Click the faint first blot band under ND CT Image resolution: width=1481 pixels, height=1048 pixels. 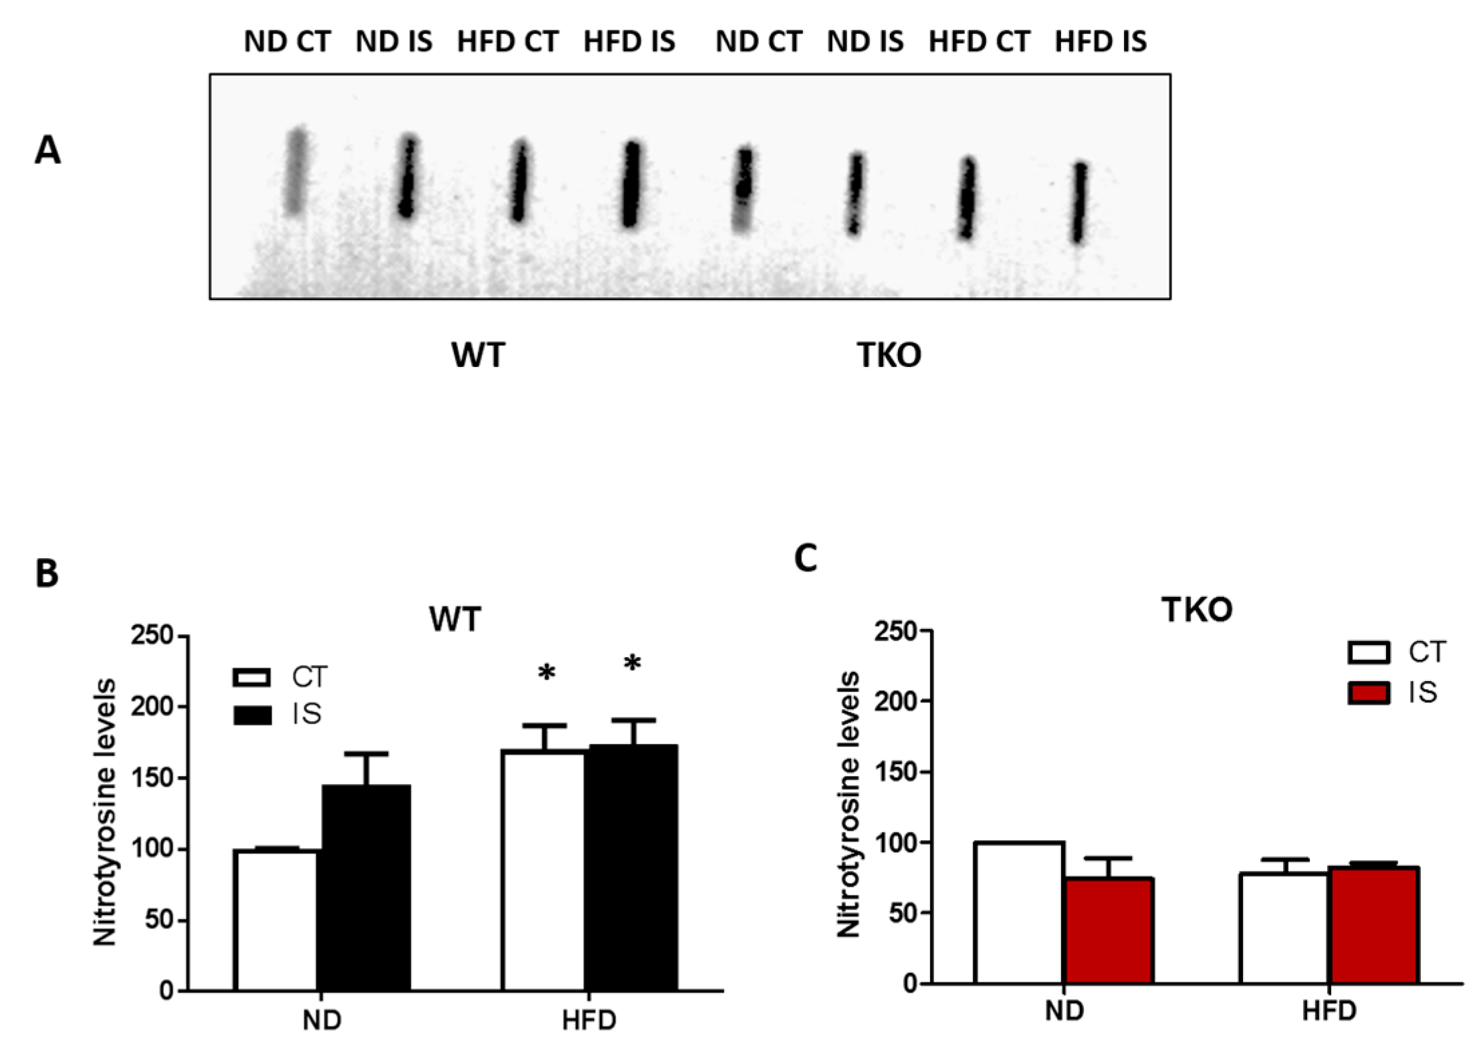click(x=296, y=170)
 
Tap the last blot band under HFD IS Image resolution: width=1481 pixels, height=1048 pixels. click(x=1080, y=203)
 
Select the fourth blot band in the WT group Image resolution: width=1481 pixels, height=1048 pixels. click(x=631, y=184)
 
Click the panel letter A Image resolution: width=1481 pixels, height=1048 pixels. click(x=47, y=150)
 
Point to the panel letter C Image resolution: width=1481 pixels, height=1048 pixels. click(x=805, y=558)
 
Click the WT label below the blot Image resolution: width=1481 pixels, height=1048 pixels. click(x=478, y=355)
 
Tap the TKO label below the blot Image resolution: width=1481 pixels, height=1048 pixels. click(x=889, y=355)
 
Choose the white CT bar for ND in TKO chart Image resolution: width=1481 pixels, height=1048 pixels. click(x=1019, y=912)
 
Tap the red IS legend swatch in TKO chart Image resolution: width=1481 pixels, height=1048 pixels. click(x=1368, y=693)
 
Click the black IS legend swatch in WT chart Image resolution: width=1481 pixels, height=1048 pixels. click(x=252, y=715)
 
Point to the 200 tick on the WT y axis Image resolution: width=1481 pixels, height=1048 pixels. click(x=152, y=706)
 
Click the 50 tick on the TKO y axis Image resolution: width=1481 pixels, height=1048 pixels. click(x=903, y=913)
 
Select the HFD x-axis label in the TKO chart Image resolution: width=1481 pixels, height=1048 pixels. click(x=1329, y=1011)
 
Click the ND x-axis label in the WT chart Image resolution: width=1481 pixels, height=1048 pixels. click(x=322, y=1020)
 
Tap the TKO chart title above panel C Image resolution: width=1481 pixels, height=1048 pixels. click(x=1196, y=610)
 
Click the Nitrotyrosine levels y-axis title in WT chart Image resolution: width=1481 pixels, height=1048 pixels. click(x=105, y=812)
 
